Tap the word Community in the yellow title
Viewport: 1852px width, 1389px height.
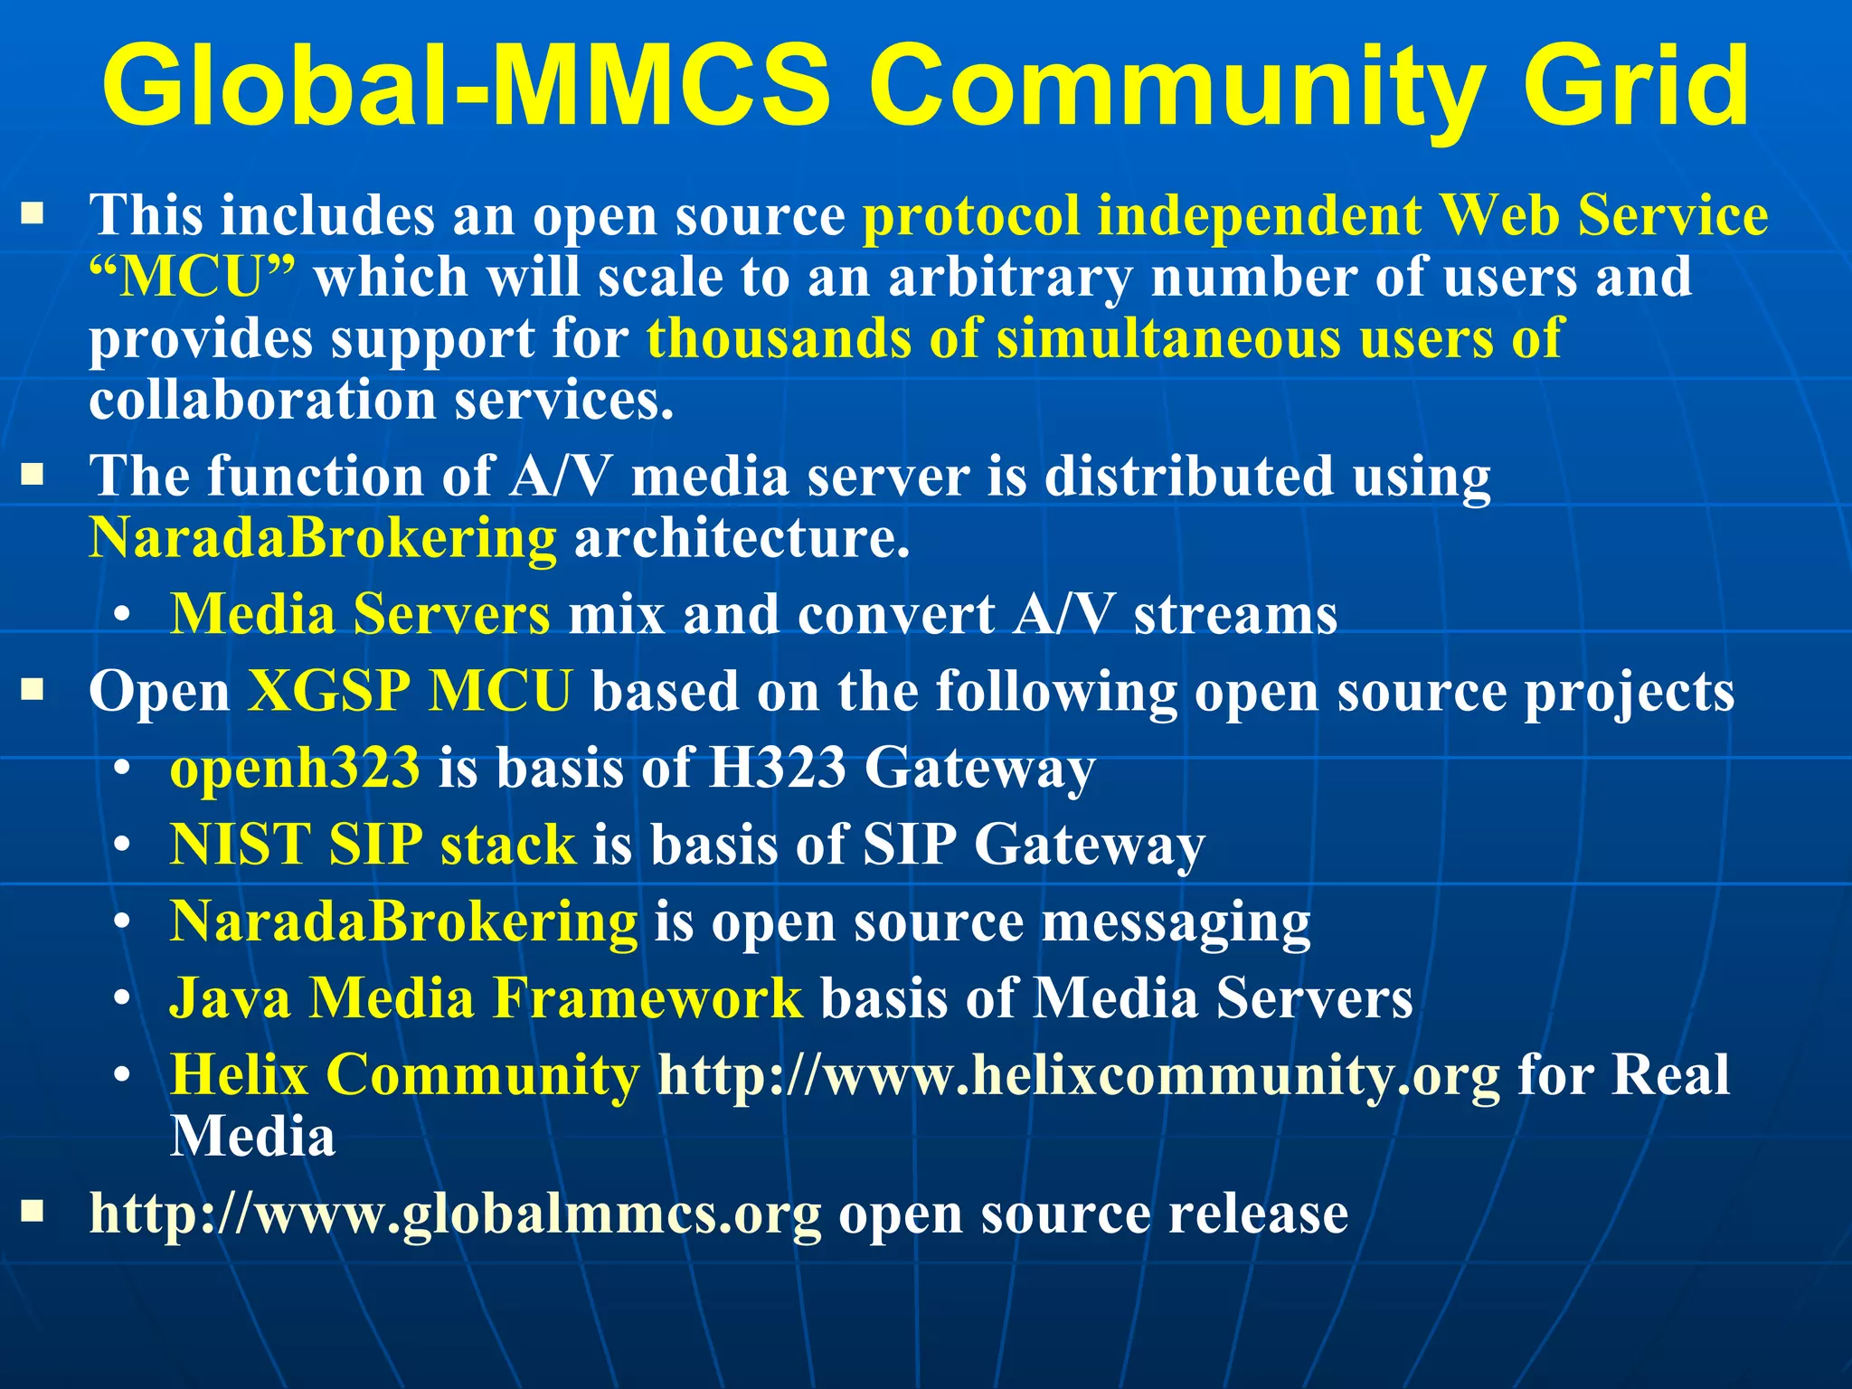(x=1176, y=87)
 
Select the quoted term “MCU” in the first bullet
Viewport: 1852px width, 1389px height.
(x=193, y=277)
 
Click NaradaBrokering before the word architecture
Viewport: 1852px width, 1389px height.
(x=323, y=538)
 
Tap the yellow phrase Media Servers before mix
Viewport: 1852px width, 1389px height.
(x=360, y=615)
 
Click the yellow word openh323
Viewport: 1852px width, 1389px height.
(x=295, y=769)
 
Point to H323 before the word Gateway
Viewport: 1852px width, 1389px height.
(x=777, y=769)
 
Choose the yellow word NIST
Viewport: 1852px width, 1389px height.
(x=241, y=846)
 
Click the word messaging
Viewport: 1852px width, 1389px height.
(x=1176, y=922)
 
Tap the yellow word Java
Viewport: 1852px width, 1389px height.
(x=231, y=998)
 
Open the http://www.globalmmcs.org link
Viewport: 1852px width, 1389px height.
(x=455, y=1214)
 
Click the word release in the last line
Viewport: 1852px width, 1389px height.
(x=1258, y=1214)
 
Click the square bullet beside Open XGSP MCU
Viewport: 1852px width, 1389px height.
(x=33, y=692)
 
